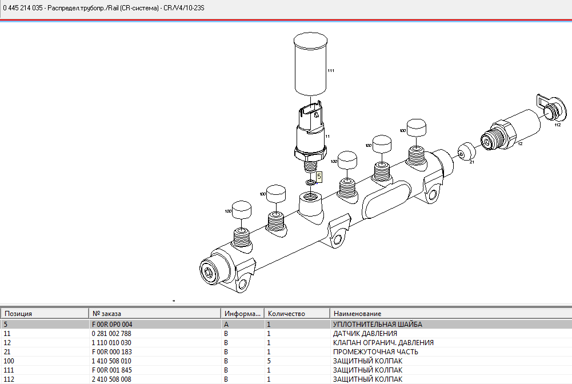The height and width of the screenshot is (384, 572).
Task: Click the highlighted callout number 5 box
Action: click(x=318, y=177)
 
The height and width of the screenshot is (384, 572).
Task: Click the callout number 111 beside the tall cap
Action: click(x=330, y=71)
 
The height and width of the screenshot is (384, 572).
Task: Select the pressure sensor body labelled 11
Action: click(x=310, y=131)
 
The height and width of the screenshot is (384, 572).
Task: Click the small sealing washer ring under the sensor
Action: click(x=310, y=182)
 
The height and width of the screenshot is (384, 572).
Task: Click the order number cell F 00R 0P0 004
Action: click(x=111, y=324)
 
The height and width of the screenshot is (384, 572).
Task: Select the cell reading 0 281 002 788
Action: click(x=111, y=333)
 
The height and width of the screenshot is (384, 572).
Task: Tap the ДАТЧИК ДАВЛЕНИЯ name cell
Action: click(x=365, y=333)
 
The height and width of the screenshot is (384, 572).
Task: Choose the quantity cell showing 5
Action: click(x=269, y=361)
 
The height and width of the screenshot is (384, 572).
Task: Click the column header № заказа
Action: click(x=106, y=314)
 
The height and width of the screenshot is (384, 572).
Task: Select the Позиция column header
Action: click(x=19, y=314)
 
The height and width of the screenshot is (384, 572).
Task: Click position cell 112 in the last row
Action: click(x=9, y=379)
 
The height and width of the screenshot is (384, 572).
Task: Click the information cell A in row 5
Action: click(x=226, y=324)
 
